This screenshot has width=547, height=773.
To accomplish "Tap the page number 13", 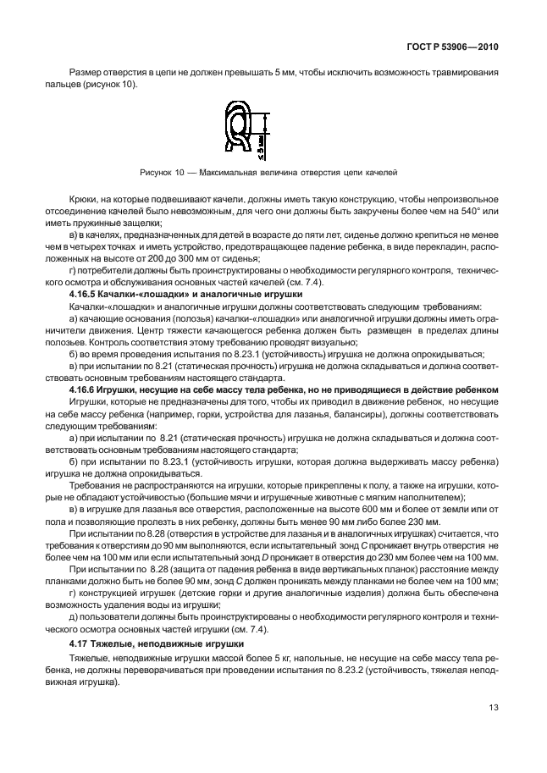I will pyautogui.click(x=493, y=732).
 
